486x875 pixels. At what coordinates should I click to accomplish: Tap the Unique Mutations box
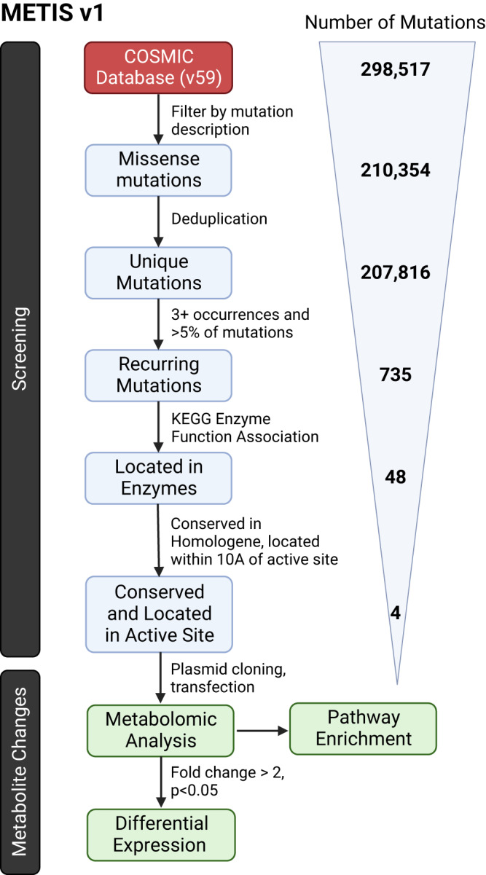click(x=160, y=272)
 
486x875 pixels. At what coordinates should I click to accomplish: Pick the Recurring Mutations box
click(x=160, y=374)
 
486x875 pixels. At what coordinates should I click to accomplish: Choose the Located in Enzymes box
click(x=160, y=477)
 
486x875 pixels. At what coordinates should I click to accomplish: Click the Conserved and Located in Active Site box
click(x=160, y=602)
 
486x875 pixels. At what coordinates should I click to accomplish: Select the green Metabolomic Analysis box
click(x=161, y=729)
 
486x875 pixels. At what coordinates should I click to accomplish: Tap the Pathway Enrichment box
click(x=364, y=728)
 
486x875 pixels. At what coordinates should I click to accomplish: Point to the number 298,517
click(x=395, y=70)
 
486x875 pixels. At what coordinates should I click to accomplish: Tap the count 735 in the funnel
click(x=395, y=374)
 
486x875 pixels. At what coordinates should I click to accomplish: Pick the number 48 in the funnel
click(x=395, y=477)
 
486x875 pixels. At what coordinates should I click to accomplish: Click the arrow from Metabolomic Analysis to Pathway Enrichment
click(x=263, y=729)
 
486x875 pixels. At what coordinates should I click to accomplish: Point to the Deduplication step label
click(x=218, y=219)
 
